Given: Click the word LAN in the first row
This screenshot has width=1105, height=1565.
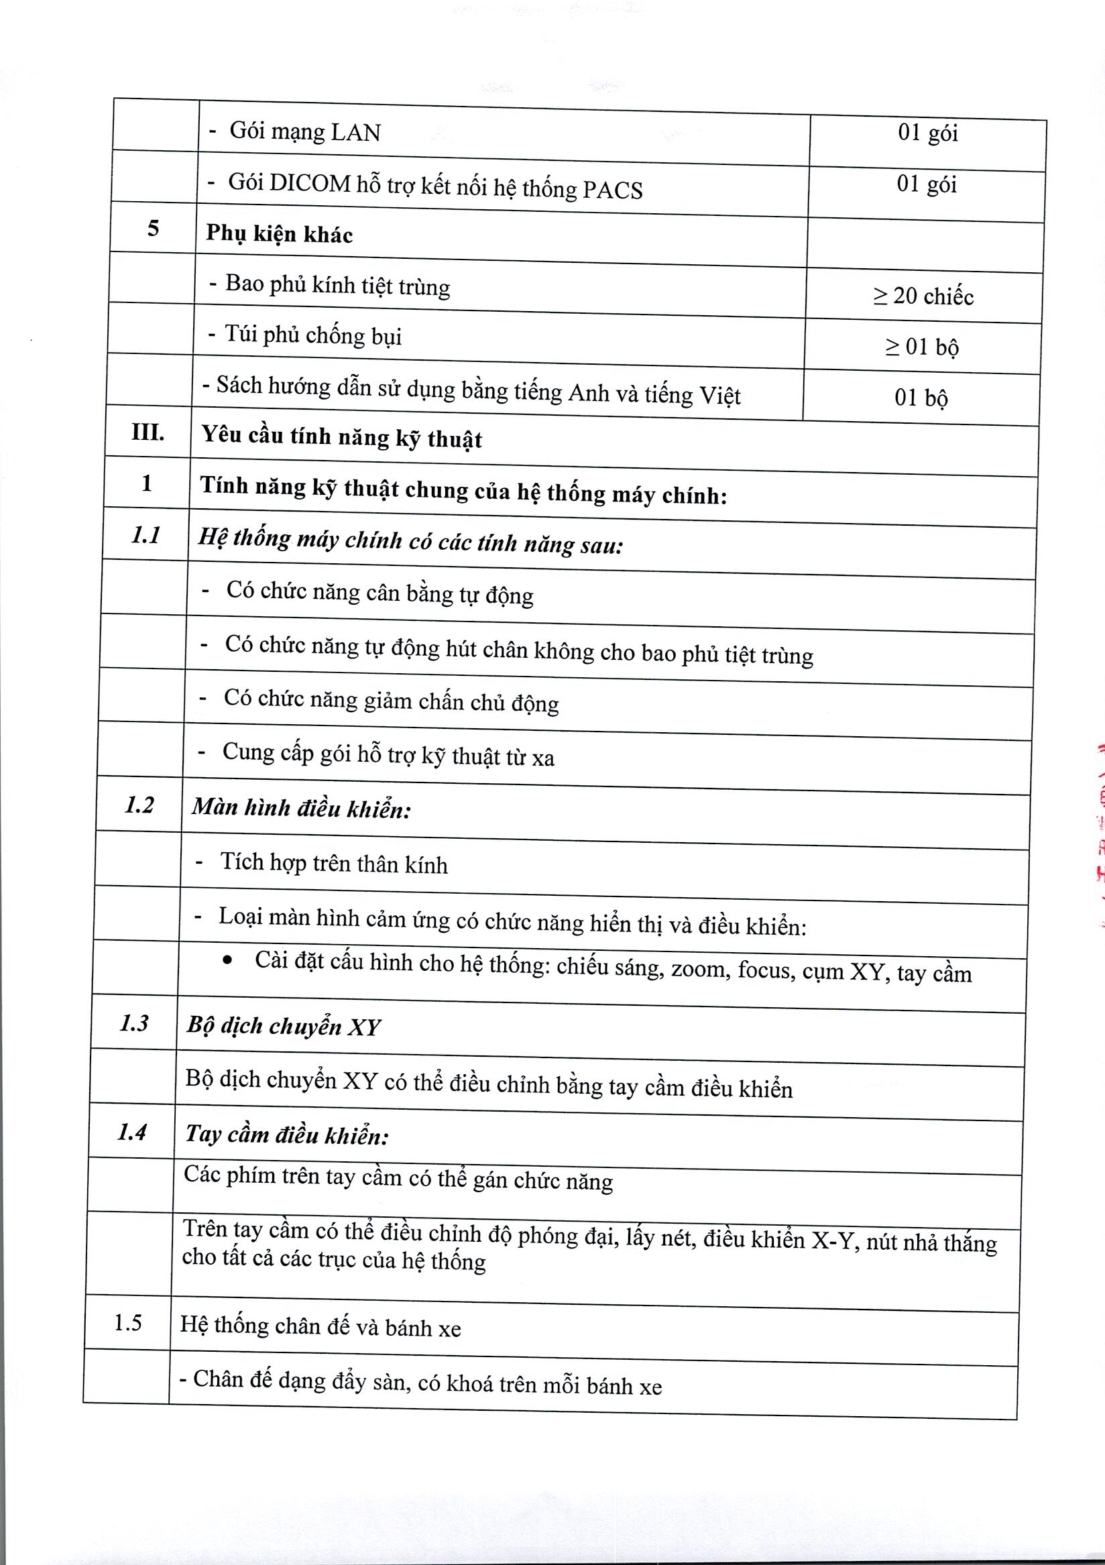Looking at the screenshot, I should pyautogui.click(x=355, y=132).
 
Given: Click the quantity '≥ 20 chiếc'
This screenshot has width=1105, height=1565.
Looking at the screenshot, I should pyautogui.click(x=923, y=296).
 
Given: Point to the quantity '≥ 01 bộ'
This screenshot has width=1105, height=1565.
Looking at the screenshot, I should pyautogui.click(x=922, y=347).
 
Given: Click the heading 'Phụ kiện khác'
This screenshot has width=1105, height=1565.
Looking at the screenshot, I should pyautogui.click(x=280, y=235).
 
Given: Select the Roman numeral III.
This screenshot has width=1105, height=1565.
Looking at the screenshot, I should pyautogui.click(x=148, y=432).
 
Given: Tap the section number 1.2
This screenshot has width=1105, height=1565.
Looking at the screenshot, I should pyautogui.click(x=139, y=806).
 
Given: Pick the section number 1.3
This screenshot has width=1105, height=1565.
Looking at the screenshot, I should pyautogui.click(x=134, y=1023).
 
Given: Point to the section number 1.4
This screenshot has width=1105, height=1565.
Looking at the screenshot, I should pyautogui.click(x=131, y=1132).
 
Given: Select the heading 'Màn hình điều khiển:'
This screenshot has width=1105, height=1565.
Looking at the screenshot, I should pyautogui.click(x=301, y=809).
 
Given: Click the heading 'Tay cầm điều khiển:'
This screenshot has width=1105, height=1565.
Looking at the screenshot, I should pyautogui.click(x=287, y=1135).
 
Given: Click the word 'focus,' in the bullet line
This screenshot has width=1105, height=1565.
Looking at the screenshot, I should pyautogui.click(x=766, y=970).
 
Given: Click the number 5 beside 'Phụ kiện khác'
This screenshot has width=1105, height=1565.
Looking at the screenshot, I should pyautogui.click(x=154, y=229).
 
